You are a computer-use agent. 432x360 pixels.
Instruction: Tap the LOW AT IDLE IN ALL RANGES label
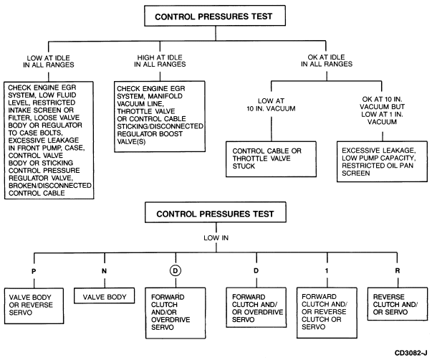(x=49, y=62)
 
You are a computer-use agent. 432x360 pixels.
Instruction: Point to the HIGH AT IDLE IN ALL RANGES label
(x=160, y=61)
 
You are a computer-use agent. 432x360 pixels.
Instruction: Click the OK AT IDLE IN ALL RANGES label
(x=327, y=61)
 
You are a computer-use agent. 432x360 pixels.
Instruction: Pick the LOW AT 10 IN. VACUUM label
(x=271, y=105)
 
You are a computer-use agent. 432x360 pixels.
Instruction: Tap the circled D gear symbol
(x=176, y=270)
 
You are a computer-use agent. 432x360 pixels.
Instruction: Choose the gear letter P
(x=34, y=272)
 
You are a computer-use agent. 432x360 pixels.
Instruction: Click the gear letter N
(x=104, y=271)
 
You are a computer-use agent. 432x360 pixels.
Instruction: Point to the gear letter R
(x=398, y=271)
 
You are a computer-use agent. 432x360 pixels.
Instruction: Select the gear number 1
(x=327, y=271)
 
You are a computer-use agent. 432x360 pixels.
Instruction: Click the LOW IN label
(x=216, y=238)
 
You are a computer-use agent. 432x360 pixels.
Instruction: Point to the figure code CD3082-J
(x=411, y=353)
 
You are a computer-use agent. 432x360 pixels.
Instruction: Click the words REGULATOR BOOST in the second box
(x=150, y=134)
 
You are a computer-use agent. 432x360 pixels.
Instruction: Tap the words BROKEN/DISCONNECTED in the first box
(x=50, y=186)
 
